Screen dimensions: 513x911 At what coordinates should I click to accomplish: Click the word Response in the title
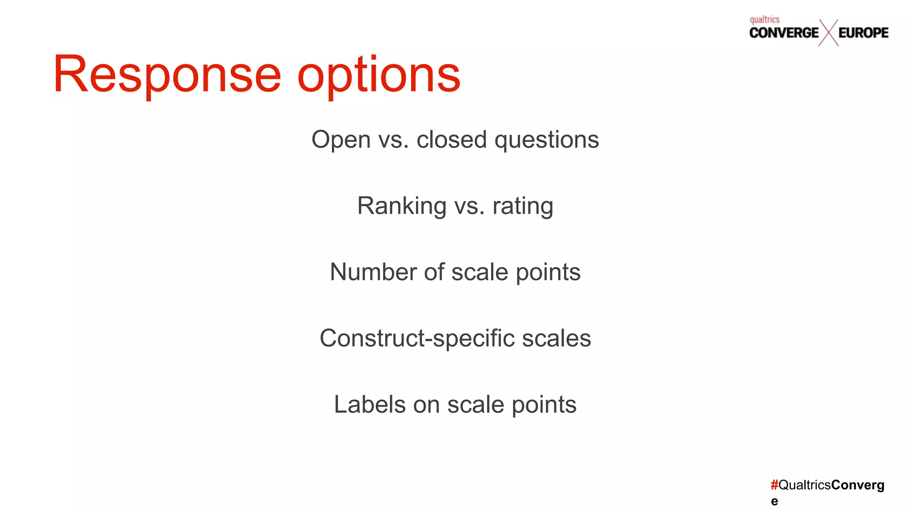click(x=167, y=74)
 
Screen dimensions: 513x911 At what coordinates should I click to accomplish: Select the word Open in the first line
click(x=341, y=140)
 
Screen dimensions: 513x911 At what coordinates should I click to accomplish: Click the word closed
click(x=451, y=140)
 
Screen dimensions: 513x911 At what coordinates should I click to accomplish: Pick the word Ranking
click(x=402, y=206)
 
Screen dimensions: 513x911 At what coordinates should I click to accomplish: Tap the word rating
click(x=523, y=206)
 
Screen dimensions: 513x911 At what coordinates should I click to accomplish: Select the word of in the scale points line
click(x=434, y=272)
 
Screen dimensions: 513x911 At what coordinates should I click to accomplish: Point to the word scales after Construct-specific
click(x=556, y=338)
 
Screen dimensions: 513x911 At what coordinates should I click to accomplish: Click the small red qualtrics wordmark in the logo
click(x=765, y=20)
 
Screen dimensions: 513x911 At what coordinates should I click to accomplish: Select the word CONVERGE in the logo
click(x=784, y=33)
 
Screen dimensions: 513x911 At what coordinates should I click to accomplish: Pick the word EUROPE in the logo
click(x=863, y=33)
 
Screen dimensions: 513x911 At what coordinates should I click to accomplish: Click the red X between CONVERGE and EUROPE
click(x=828, y=33)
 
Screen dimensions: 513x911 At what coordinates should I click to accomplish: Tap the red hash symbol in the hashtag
click(x=774, y=485)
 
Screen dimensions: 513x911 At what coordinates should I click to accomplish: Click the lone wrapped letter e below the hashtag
click(x=774, y=501)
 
